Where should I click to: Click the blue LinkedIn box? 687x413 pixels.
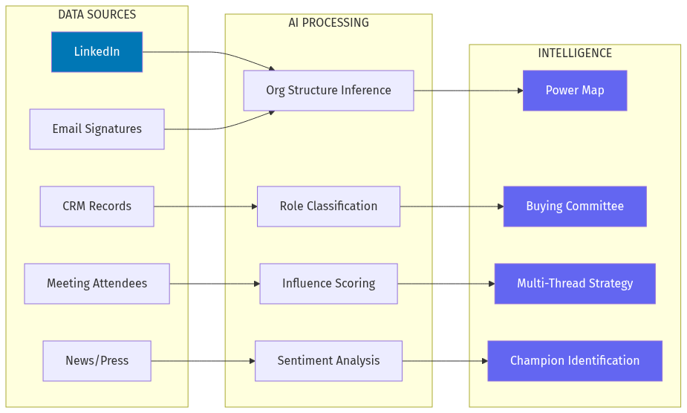(97, 52)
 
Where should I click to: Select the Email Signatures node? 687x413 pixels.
(97, 129)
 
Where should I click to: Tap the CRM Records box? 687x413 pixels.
(97, 206)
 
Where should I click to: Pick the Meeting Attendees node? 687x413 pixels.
(97, 284)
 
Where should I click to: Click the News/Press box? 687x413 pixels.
(97, 361)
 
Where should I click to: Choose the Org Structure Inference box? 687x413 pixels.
(328, 91)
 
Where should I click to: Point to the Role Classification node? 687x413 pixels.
(328, 206)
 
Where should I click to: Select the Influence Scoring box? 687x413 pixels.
(328, 284)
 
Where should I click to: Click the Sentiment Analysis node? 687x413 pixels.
(328, 361)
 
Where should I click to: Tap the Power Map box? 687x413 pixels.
(575, 91)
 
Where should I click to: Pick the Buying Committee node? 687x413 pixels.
(575, 206)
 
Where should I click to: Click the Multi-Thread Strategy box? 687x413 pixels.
(575, 284)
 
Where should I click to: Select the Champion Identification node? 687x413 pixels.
(575, 361)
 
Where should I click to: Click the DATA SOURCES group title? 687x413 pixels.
(97, 15)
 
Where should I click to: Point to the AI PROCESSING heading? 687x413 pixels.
(328, 23)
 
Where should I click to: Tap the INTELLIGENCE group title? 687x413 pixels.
(575, 53)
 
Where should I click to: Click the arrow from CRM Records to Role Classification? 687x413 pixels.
(205, 206)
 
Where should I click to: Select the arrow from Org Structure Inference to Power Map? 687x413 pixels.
(468, 91)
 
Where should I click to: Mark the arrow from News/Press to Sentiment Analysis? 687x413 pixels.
(203, 361)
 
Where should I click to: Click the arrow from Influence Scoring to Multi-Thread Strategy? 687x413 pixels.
(446, 284)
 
